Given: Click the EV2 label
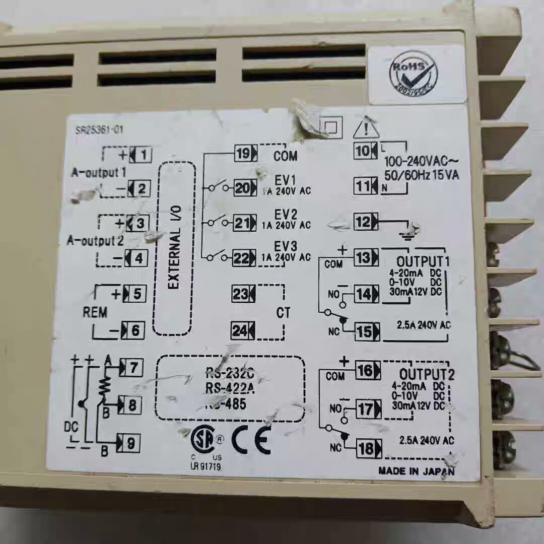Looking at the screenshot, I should [x=286, y=215].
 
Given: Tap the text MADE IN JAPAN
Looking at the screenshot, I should [x=416, y=471].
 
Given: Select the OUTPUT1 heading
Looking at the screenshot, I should [x=423, y=262].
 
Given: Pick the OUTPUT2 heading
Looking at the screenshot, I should [x=427, y=375].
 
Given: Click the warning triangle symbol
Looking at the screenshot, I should [x=366, y=129].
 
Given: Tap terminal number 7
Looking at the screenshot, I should [x=132, y=368].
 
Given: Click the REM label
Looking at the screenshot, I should [x=95, y=312].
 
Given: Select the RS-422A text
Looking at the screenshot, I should [x=230, y=388].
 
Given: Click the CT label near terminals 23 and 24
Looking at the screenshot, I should [x=283, y=313].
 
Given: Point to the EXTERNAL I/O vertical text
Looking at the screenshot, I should [x=174, y=249].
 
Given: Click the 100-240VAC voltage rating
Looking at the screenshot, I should [x=421, y=163].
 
